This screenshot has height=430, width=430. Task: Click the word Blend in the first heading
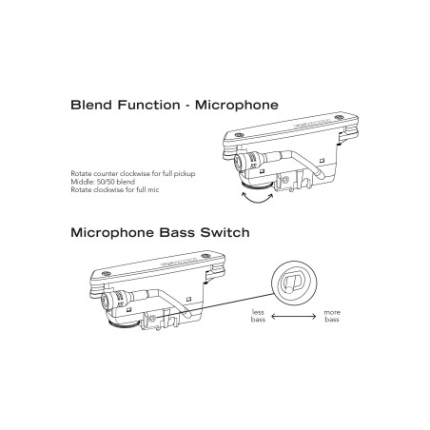point(91,105)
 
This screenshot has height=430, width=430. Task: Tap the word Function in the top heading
point(149,105)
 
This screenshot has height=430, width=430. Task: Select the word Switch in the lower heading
point(225,232)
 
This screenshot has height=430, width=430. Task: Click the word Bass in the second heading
point(177,232)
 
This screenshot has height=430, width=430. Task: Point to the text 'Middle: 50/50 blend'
point(103,182)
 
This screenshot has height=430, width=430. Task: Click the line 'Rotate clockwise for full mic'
point(115,189)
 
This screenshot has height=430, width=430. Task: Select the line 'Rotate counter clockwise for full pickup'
point(133,174)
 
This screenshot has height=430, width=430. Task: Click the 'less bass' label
point(258,316)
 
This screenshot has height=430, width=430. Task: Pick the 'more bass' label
point(332,316)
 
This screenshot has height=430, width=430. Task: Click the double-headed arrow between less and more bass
point(294,316)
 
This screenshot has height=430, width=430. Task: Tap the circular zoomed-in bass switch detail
point(294,283)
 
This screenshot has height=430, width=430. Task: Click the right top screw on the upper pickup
point(339,117)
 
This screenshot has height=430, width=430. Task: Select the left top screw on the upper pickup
point(238,135)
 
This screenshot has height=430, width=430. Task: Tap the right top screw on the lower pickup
point(206,255)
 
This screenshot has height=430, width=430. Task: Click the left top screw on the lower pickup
point(107,273)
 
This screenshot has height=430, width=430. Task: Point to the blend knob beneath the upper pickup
point(256,186)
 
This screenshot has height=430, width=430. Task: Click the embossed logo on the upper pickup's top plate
point(313,124)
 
